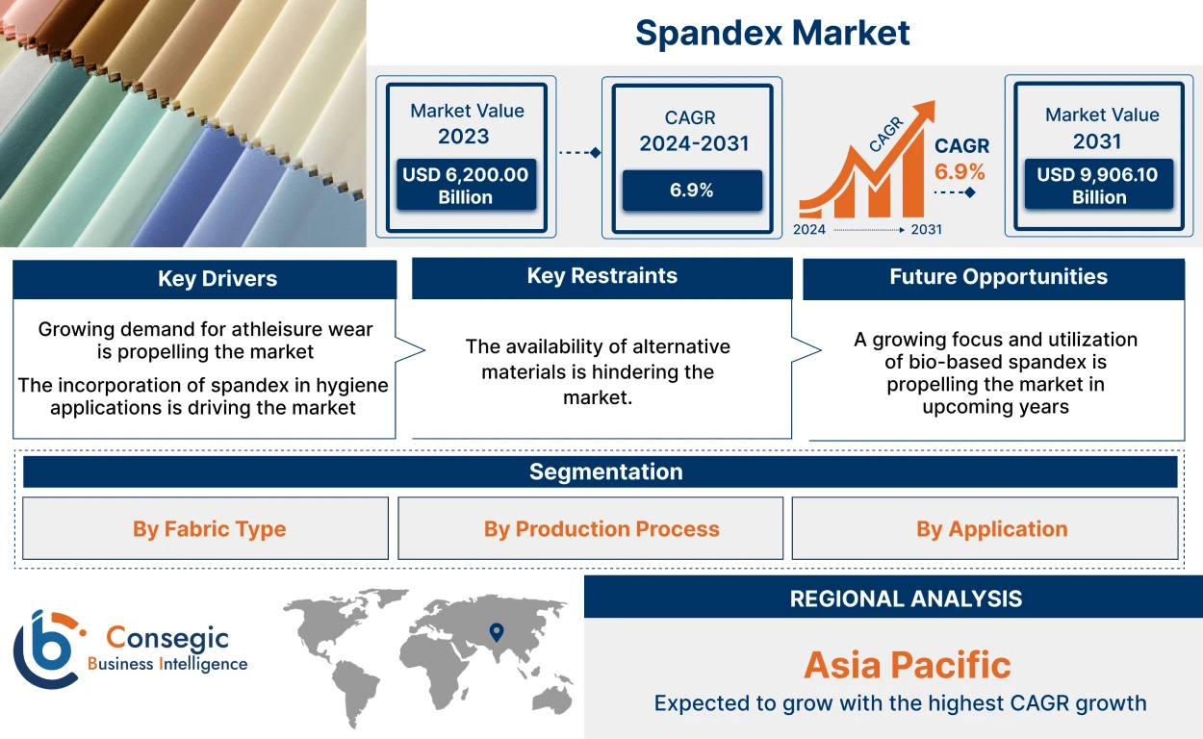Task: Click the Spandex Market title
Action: point(772,33)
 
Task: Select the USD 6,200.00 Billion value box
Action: point(466,186)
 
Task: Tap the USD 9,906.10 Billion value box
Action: point(1098,186)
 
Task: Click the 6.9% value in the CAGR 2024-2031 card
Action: point(691,191)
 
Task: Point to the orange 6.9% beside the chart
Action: point(960,172)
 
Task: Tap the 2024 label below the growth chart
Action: point(808,230)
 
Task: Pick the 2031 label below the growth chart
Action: point(925,230)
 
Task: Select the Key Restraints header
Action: point(601,276)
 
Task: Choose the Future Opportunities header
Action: point(997,277)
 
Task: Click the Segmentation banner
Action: point(605,471)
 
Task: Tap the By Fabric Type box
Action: point(209,529)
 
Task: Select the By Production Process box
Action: point(601,529)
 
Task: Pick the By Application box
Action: point(991,529)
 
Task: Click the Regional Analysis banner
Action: point(905,599)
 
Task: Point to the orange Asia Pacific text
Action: point(907,665)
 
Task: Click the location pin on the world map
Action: point(496,632)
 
